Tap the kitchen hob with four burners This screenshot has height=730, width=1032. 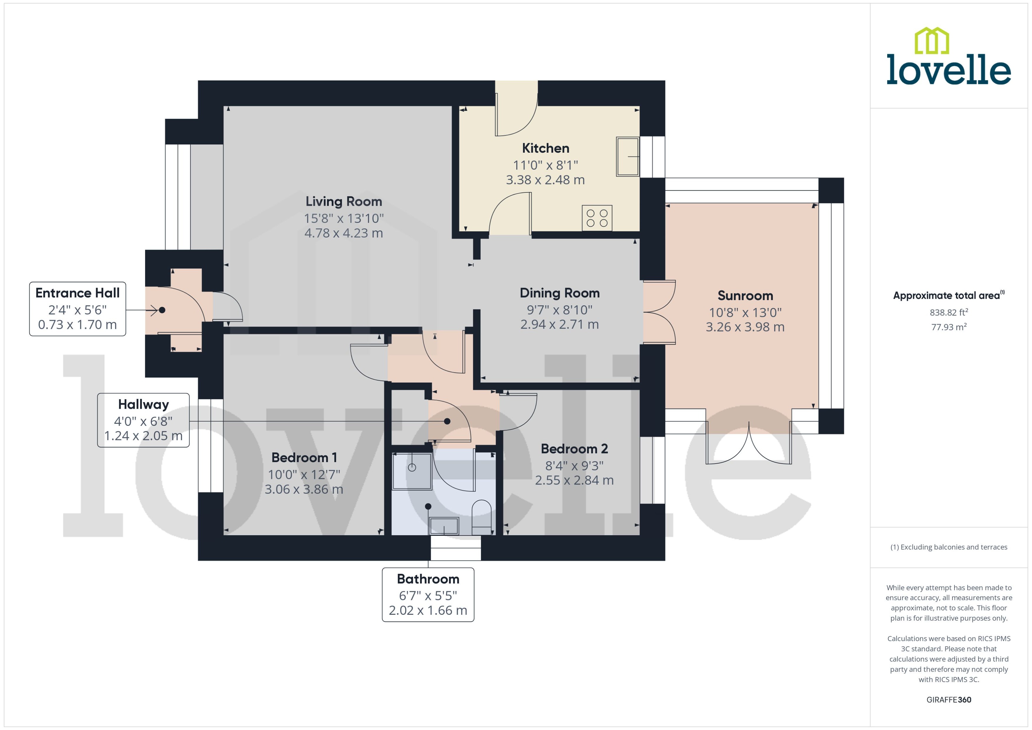(597, 218)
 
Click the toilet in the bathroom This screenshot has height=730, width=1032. (481, 517)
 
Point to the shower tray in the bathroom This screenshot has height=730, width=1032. (412, 471)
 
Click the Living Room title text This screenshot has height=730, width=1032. (344, 201)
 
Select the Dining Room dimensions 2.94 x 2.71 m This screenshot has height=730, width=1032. (559, 324)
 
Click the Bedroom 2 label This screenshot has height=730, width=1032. (574, 449)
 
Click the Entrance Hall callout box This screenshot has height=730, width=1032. (77, 309)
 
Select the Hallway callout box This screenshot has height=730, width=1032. (143, 420)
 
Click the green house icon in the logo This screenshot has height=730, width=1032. (932, 41)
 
